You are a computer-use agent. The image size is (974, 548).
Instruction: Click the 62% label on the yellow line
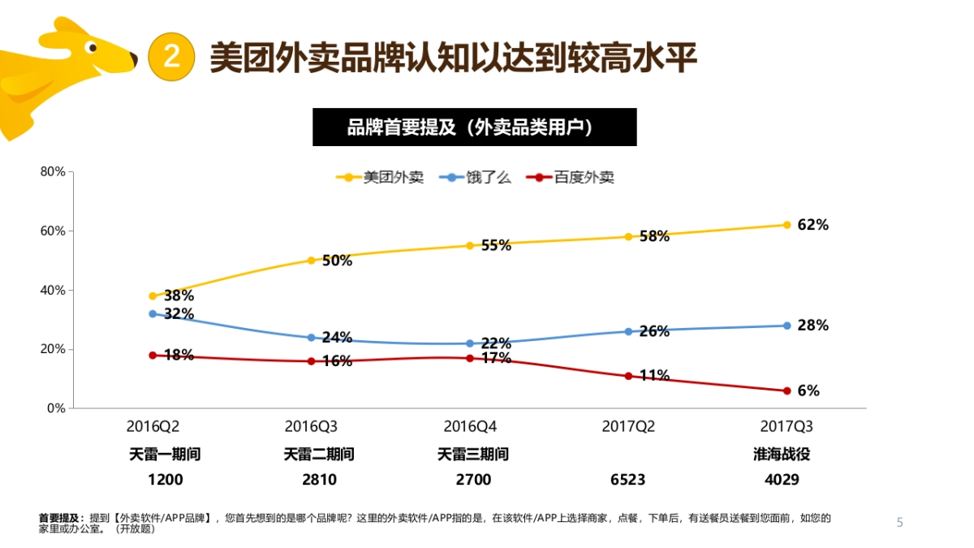(x=812, y=225)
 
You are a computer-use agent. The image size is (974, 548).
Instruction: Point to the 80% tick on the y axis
(x=54, y=171)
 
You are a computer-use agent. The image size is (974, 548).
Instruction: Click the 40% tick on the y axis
(x=54, y=290)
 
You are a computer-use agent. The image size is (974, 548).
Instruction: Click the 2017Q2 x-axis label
(x=628, y=426)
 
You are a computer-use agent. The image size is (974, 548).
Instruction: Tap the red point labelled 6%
(x=787, y=391)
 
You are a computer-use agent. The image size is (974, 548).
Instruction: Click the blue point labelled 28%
(x=787, y=326)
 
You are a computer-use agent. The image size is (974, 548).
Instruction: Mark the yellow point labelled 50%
(x=311, y=261)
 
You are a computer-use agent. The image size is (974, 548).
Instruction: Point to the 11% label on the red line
(x=654, y=375)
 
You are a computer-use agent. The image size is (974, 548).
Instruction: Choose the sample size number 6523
(x=627, y=480)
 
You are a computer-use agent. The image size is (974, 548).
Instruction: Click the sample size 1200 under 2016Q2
(x=165, y=480)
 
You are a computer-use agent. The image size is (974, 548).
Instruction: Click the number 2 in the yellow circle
(x=172, y=57)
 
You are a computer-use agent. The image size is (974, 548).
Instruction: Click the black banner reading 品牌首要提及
(x=474, y=127)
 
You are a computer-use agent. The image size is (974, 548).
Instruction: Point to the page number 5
(x=899, y=522)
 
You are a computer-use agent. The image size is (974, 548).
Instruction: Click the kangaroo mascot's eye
(x=93, y=48)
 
